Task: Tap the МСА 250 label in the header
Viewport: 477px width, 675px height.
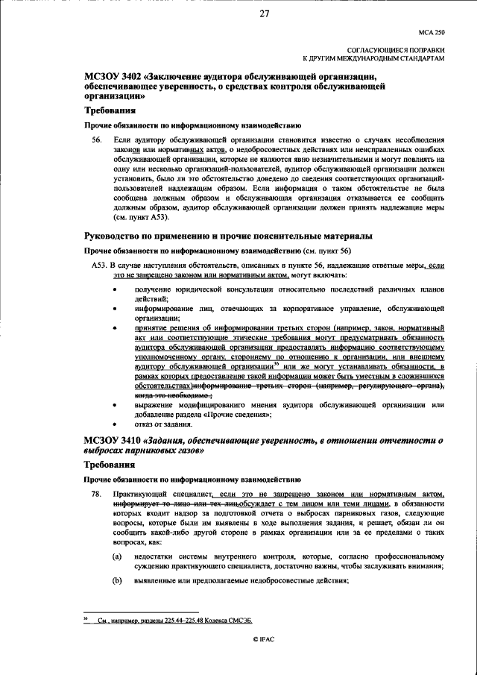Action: click(x=431, y=32)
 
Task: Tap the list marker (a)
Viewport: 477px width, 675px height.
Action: click(x=117, y=556)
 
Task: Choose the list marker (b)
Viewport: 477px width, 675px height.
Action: click(x=117, y=581)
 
